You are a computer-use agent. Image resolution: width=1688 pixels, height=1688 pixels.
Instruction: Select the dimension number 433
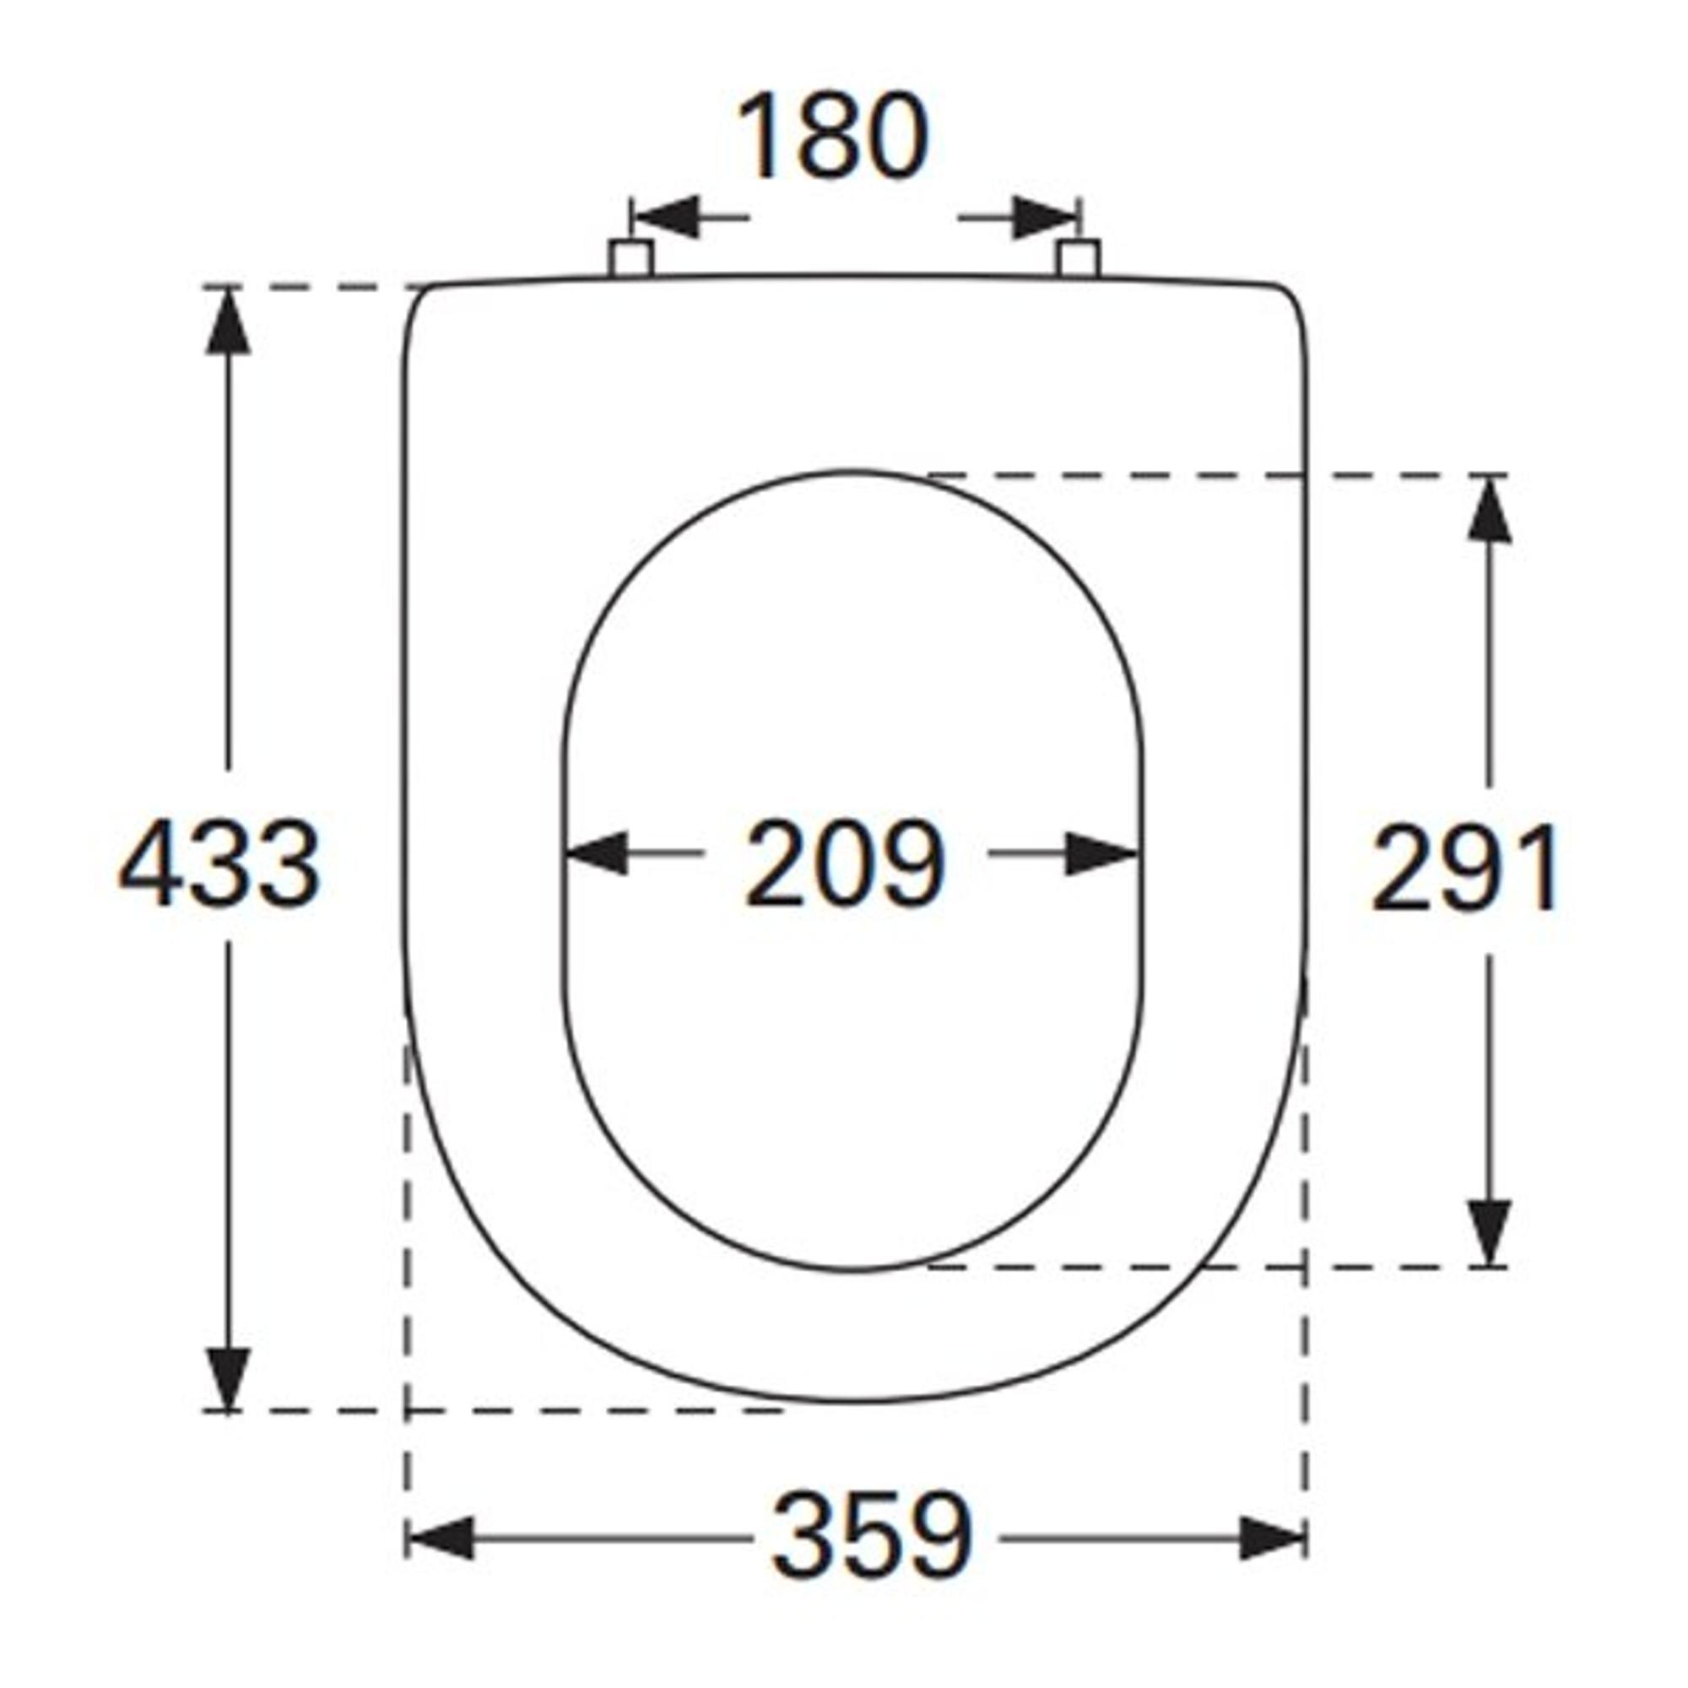point(219,863)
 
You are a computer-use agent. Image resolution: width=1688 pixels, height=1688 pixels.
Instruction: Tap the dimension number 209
point(845,863)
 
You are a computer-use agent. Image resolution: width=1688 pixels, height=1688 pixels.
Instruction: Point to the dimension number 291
point(1464,868)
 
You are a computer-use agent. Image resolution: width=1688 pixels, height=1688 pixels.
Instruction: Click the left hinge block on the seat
point(630,259)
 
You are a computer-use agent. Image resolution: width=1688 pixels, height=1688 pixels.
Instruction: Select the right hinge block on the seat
point(1077,259)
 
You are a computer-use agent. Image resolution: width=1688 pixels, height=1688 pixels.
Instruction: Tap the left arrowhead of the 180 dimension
point(667,217)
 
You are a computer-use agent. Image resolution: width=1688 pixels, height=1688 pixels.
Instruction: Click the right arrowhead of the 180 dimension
point(1045,217)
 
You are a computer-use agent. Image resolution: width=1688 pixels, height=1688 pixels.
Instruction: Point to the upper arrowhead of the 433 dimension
point(228,322)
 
